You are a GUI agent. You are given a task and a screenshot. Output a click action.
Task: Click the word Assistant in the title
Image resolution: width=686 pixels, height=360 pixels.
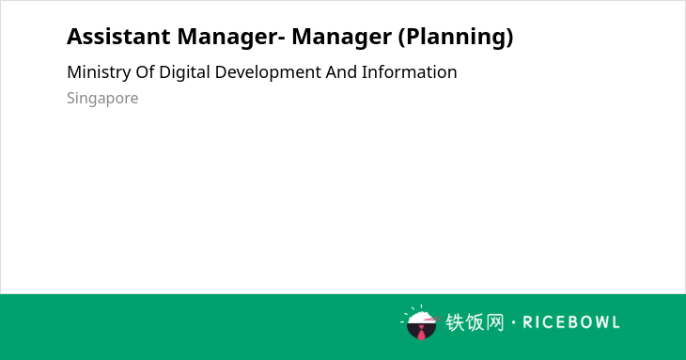[x=118, y=37]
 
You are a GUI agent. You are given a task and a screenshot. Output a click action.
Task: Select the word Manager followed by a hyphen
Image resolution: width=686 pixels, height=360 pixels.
[x=231, y=38]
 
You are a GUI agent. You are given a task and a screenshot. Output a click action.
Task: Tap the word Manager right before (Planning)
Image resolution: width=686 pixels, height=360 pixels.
[x=342, y=38]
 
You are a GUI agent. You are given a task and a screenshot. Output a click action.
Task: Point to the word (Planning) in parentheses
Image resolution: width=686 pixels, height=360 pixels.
[x=456, y=38]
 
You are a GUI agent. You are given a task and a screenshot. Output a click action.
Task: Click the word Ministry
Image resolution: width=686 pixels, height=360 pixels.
[x=99, y=72]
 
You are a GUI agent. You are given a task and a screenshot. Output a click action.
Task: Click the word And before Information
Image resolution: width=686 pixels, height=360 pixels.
[x=341, y=72]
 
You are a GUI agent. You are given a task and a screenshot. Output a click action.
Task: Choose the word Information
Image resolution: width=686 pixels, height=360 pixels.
[x=410, y=72]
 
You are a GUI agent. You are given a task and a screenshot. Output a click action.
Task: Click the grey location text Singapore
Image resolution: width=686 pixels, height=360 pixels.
[x=102, y=99]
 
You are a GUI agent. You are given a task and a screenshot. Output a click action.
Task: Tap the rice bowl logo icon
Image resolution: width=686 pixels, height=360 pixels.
[x=420, y=322]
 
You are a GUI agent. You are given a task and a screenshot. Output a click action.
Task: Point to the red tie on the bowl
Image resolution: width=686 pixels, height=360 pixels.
[x=421, y=333]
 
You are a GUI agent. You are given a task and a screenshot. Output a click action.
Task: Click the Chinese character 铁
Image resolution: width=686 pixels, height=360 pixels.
[x=455, y=322]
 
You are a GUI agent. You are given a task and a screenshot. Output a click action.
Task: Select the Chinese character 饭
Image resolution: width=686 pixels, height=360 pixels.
[x=476, y=322]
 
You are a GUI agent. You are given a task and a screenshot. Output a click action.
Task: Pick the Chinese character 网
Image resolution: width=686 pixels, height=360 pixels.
[x=495, y=322]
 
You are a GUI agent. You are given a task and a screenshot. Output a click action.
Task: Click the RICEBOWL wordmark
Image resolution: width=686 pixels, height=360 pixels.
[x=571, y=322]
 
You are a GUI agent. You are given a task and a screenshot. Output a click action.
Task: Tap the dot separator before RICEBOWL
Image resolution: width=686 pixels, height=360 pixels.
[x=513, y=322]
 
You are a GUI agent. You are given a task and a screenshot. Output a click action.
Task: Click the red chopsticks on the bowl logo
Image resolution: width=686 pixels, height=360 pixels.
[x=432, y=319]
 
